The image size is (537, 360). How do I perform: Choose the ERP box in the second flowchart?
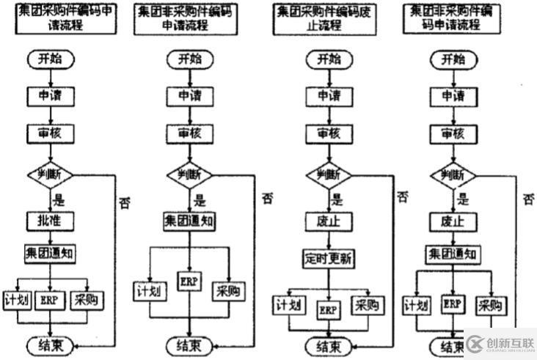188,280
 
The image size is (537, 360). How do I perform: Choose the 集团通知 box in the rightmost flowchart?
453,254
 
